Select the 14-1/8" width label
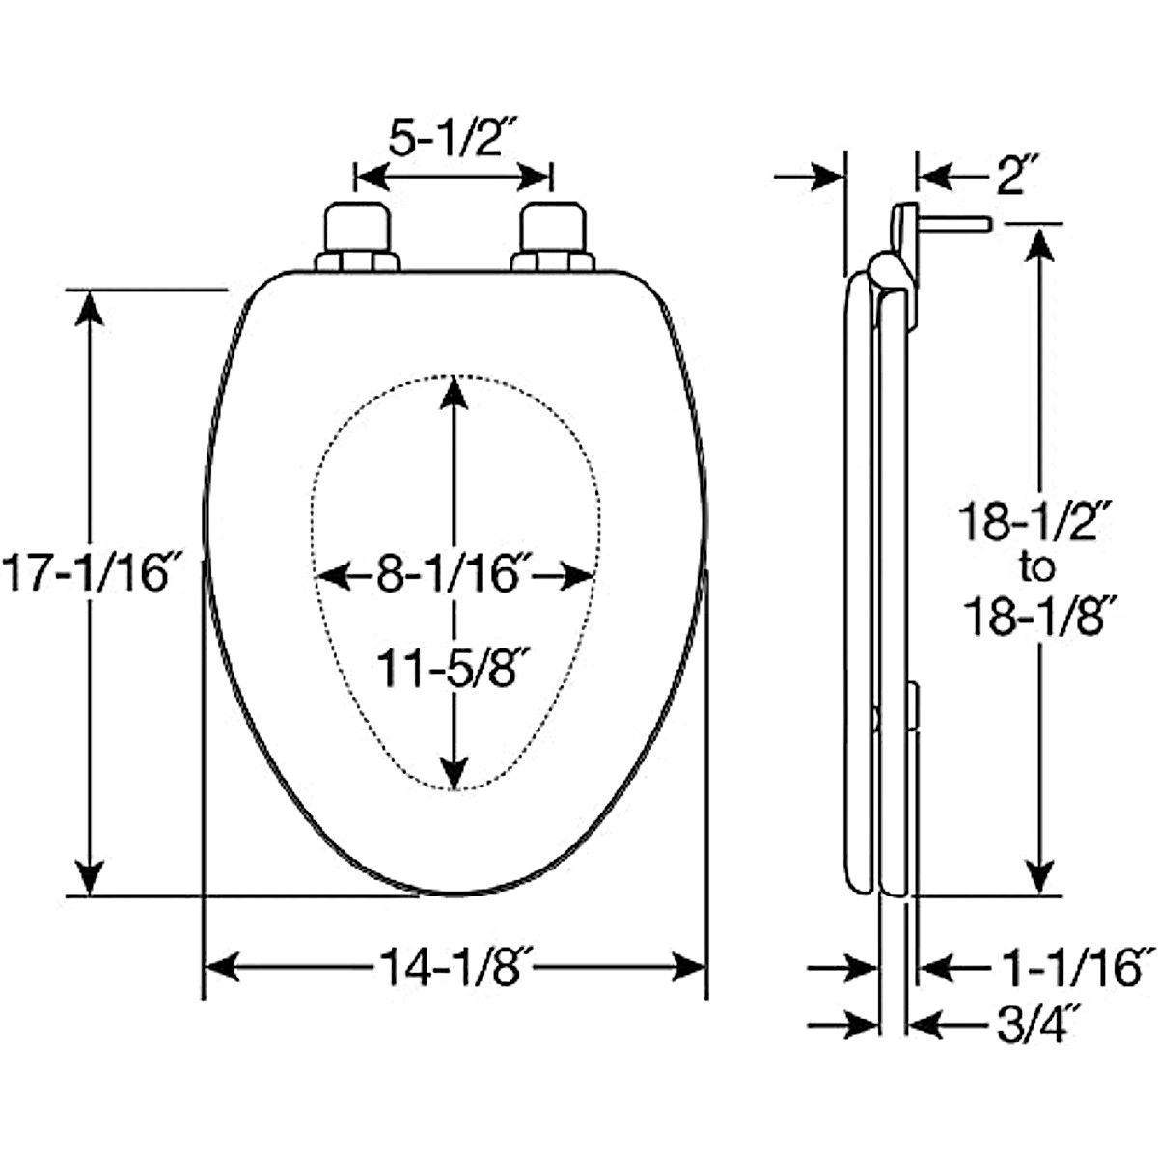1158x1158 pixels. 455,966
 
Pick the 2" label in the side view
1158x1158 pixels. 1010,179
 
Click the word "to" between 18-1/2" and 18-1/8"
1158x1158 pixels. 1037,569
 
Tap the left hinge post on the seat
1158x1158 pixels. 357,236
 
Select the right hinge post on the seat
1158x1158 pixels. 552,236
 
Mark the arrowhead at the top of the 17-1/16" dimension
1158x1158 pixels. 90,307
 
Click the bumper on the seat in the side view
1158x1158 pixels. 913,705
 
